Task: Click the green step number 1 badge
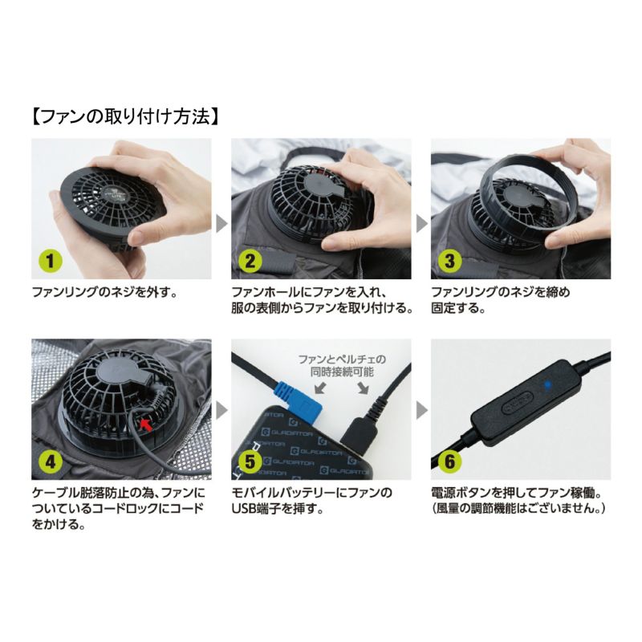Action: click(51, 260)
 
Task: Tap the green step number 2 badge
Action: click(250, 260)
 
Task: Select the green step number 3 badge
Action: click(449, 260)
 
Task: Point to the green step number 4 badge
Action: click(51, 461)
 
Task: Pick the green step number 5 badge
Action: click(250, 461)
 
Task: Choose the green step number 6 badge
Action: click(449, 461)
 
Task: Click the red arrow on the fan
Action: click(146, 425)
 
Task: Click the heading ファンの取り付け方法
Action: click(125, 116)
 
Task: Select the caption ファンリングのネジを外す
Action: click(105, 293)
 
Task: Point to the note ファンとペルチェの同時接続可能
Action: click(342, 366)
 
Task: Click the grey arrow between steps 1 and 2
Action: click(221, 224)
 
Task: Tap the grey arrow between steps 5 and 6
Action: click(421, 410)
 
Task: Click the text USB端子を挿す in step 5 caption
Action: click(278, 509)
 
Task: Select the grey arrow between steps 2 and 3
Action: click(421, 224)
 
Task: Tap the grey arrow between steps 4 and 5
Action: click(221, 410)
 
